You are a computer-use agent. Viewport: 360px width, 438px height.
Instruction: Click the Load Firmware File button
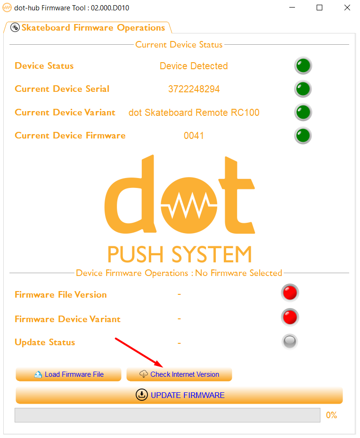click(68, 374)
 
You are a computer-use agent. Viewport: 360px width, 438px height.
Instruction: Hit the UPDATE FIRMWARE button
click(179, 395)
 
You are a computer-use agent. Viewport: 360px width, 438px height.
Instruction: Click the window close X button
click(347, 8)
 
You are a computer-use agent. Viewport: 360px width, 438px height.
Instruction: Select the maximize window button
click(319, 8)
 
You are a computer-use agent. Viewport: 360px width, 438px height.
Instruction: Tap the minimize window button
click(292, 8)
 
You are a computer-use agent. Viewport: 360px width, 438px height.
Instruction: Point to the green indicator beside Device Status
click(303, 66)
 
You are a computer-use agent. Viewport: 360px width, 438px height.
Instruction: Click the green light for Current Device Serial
click(303, 89)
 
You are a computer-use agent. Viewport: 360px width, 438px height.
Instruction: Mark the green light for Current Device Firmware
click(303, 136)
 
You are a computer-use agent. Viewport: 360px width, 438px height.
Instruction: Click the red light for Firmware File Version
click(290, 293)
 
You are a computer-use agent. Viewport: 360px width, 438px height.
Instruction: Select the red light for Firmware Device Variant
click(290, 317)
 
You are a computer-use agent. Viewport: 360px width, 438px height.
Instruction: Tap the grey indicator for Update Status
click(290, 341)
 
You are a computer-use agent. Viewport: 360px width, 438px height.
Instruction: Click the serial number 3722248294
click(194, 89)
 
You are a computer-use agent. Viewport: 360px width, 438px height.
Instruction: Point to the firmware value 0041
click(194, 136)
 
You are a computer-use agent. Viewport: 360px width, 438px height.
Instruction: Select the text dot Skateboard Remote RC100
click(194, 113)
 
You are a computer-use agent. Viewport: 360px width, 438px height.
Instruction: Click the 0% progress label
click(332, 415)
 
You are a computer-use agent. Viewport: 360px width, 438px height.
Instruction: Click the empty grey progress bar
click(167, 415)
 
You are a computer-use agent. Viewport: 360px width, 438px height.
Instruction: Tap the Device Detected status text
click(194, 66)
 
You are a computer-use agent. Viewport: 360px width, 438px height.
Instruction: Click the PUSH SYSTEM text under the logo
click(180, 255)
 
